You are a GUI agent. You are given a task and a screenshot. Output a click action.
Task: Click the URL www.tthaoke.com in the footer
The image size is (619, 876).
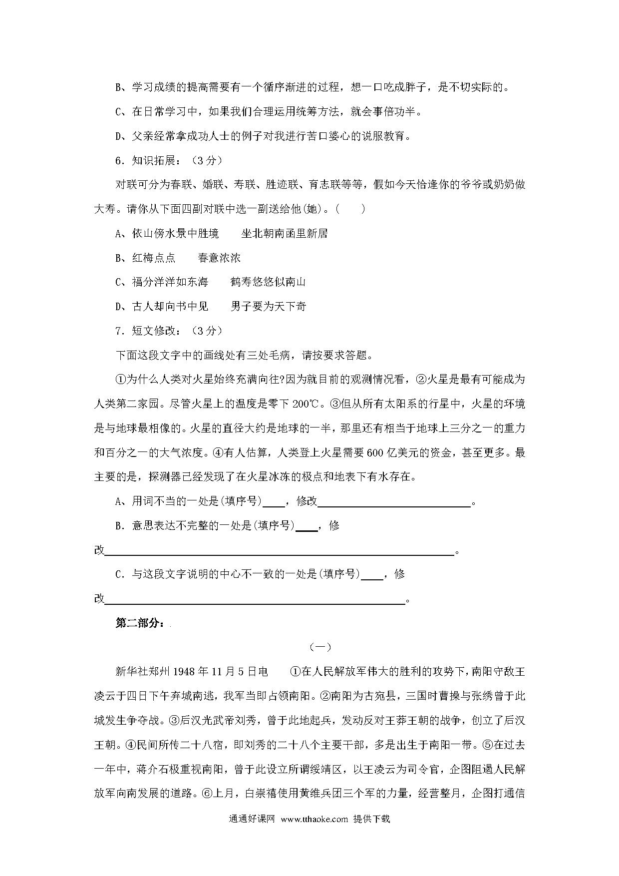(314, 819)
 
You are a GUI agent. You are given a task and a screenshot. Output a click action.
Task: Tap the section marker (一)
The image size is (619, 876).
(320, 647)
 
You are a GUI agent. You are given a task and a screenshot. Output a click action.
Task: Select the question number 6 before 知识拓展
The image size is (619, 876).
(119, 160)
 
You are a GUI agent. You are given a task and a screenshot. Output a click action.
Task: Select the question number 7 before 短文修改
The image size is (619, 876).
(119, 331)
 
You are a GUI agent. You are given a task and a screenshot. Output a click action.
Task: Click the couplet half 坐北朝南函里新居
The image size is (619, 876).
(284, 233)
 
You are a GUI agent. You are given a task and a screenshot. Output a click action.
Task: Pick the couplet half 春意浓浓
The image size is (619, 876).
(219, 258)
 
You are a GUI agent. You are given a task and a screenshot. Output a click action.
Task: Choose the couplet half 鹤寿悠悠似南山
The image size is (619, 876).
(268, 282)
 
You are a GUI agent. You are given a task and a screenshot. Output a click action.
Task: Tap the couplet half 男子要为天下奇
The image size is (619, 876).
(268, 306)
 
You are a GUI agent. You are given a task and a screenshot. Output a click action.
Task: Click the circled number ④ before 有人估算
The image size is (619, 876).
(217, 452)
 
